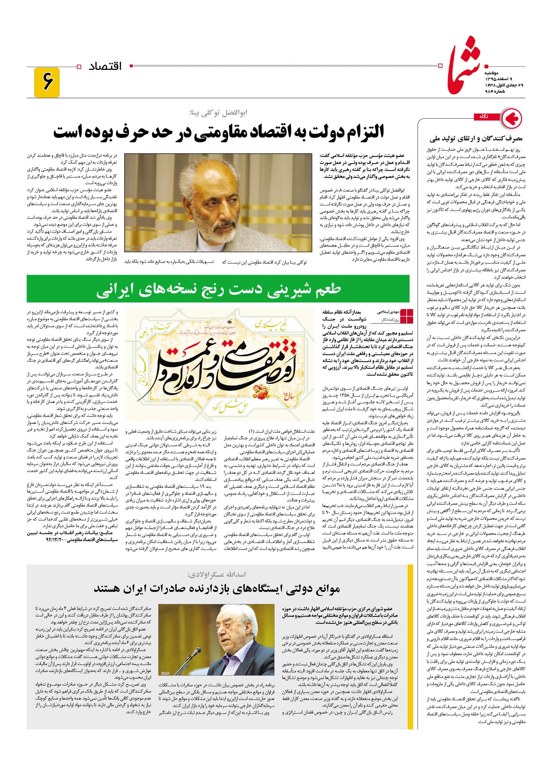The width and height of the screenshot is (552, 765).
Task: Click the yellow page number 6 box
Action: pyautogui.click(x=47, y=82)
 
